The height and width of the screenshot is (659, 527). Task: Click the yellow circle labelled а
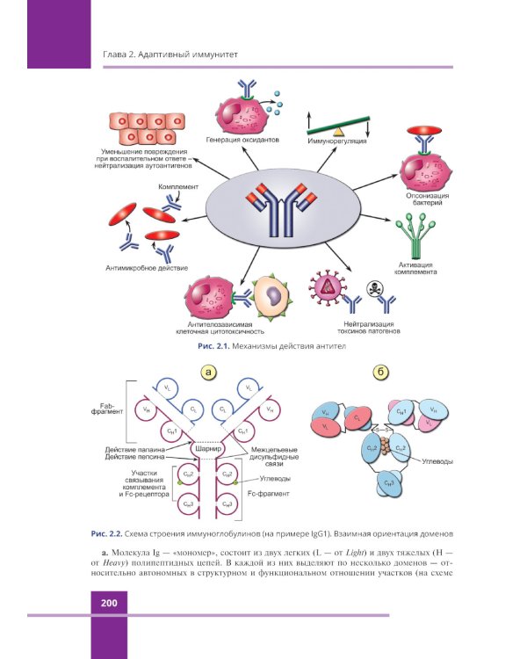pyautogui.click(x=208, y=373)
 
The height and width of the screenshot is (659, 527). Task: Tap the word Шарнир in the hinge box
pyautogui.click(x=208, y=451)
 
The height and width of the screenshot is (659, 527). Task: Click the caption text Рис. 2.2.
pyautogui.click(x=108, y=533)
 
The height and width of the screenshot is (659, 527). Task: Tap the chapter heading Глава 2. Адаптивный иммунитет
pyautogui.click(x=165, y=56)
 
